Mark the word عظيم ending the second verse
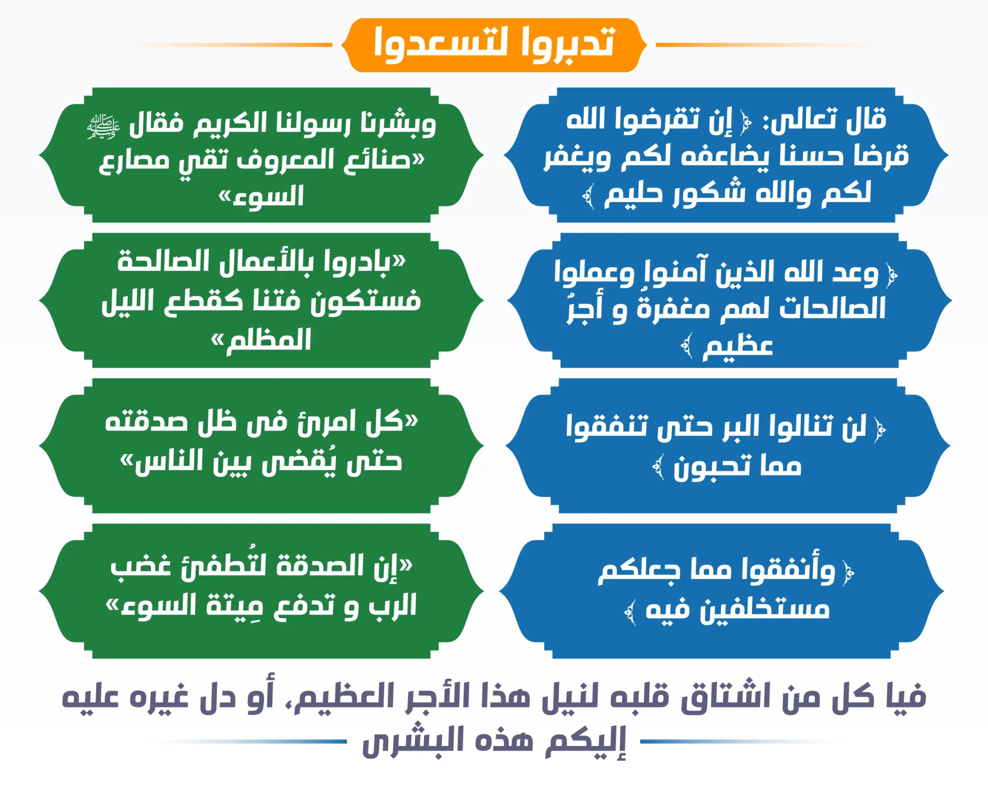point(738,346)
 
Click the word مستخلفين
point(765,609)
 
